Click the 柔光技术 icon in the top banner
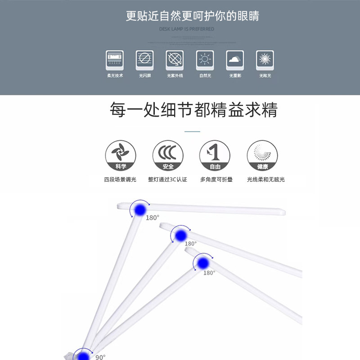click(115, 60)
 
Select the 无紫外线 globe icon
click(175, 60)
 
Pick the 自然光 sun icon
click(205, 60)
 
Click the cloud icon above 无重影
click(235, 60)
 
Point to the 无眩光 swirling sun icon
click(265, 60)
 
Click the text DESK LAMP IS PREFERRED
click(187, 29)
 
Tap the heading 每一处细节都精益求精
click(194, 110)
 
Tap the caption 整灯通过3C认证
click(167, 180)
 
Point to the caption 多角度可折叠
click(216, 180)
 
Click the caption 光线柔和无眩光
click(265, 180)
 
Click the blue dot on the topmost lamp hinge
click(140, 209)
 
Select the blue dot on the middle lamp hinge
click(181, 235)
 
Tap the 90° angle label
click(100, 357)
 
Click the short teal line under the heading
click(193, 131)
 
